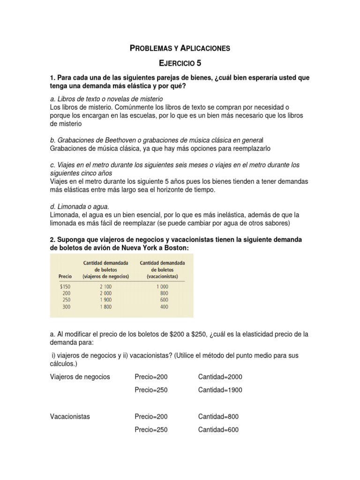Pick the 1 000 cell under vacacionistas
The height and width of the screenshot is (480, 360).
click(x=162, y=286)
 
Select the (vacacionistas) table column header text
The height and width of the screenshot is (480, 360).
click(x=162, y=277)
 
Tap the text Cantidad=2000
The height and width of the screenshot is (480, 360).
click(x=220, y=377)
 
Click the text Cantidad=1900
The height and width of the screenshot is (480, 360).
click(x=220, y=390)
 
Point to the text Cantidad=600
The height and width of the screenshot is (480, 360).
click(x=218, y=429)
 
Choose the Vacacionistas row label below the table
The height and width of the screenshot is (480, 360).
click(x=70, y=416)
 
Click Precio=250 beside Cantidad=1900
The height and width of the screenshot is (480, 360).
click(x=151, y=390)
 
